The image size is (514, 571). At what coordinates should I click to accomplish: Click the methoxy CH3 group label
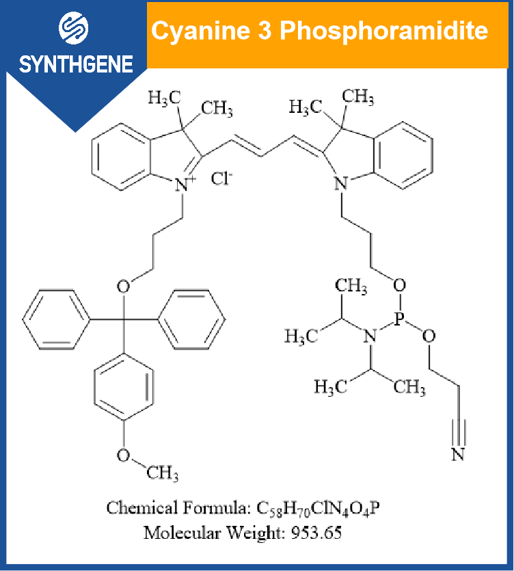point(163,473)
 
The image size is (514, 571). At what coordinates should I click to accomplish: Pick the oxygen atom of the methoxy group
point(123,455)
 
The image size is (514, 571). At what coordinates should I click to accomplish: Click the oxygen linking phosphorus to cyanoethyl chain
point(429,336)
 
